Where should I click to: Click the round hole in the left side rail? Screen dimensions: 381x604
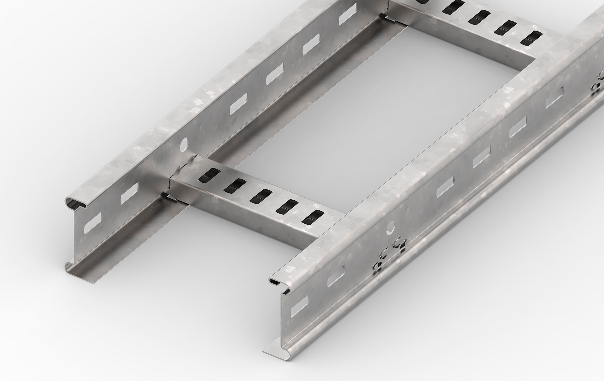coord(184,144)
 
